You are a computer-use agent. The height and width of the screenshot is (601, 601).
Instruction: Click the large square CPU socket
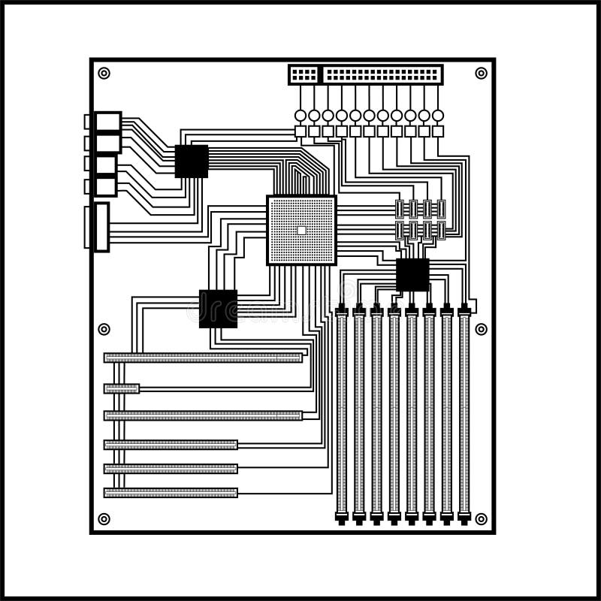[301, 230]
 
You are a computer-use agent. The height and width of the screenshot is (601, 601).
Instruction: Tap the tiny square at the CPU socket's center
[301, 231]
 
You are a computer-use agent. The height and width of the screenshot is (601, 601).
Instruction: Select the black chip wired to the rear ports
[192, 161]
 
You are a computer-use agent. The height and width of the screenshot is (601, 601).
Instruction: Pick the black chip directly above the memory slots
[412, 275]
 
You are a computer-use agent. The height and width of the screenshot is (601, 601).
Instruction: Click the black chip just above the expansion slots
[218, 309]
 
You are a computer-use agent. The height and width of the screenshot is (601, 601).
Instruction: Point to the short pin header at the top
[304, 75]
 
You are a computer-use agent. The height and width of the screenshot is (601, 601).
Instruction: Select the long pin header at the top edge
[382, 75]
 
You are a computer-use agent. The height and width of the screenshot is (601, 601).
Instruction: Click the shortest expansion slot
[122, 388]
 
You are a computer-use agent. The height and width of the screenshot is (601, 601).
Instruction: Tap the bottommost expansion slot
[171, 493]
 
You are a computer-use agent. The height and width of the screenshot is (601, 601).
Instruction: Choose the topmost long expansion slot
[203, 358]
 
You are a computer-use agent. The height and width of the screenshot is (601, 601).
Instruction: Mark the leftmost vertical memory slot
[342, 413]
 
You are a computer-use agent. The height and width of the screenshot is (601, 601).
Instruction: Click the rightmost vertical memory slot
[464, 413]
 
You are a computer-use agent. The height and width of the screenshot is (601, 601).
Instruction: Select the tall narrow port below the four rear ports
[101, 226]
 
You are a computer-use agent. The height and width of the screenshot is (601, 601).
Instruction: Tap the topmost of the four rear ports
[107, 122]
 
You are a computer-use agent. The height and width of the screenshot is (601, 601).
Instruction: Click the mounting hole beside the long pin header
[481, 73]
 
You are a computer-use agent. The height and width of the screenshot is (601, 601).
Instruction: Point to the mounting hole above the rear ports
[104, 73]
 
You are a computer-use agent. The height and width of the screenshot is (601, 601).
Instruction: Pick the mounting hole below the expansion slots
[104, 519]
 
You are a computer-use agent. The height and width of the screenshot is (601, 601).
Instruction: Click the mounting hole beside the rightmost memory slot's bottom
[481, 519]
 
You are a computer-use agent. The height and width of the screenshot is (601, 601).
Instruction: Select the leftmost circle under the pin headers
[300, 115]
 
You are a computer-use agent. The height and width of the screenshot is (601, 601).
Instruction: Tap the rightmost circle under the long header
[438, 115]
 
